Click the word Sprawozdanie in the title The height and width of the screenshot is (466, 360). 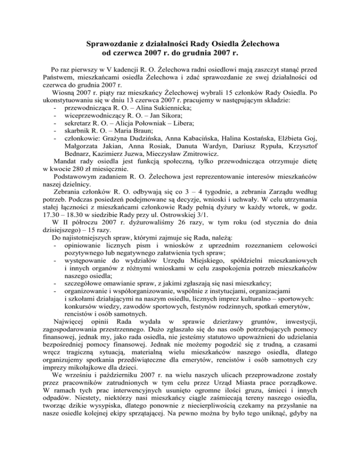pos(111,44)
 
